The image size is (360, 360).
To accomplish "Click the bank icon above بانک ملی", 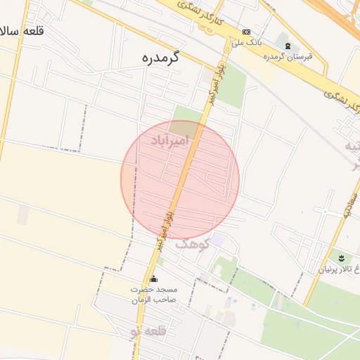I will click(247, 32).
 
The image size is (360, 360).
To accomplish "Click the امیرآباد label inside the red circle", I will click(170, 143).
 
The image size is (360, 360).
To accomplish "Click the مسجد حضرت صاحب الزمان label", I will click(154, 295).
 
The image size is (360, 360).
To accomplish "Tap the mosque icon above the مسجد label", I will click(154, 280).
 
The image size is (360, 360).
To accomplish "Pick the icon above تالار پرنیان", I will click(341, 258).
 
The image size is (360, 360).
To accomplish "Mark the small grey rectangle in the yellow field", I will click(23, 216).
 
